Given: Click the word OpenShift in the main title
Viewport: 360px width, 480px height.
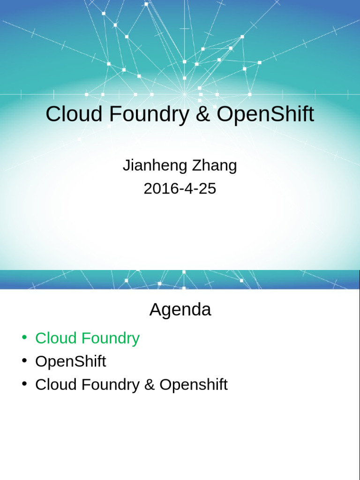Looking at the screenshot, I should click(x=265, y=114).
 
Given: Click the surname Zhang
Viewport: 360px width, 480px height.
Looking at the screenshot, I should click(x=214, y=166).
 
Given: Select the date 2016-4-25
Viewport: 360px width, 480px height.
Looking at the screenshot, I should click(x=180, y=188).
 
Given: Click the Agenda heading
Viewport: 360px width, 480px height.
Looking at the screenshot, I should click(x=180, y=310).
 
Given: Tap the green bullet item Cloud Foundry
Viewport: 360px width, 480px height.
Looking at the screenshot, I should click(x=87, y=338).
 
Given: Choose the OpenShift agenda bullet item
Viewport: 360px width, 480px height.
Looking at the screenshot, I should click(x=70, y=361).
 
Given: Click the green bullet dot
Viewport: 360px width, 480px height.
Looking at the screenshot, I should click(x=24, y=337).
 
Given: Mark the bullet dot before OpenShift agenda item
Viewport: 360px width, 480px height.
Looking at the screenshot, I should click(x=24, y=360).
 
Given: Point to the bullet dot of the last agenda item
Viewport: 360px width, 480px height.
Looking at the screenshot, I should click(x=24, y=383).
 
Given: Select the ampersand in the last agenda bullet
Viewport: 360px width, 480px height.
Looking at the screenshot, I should click(x=149, y=385).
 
